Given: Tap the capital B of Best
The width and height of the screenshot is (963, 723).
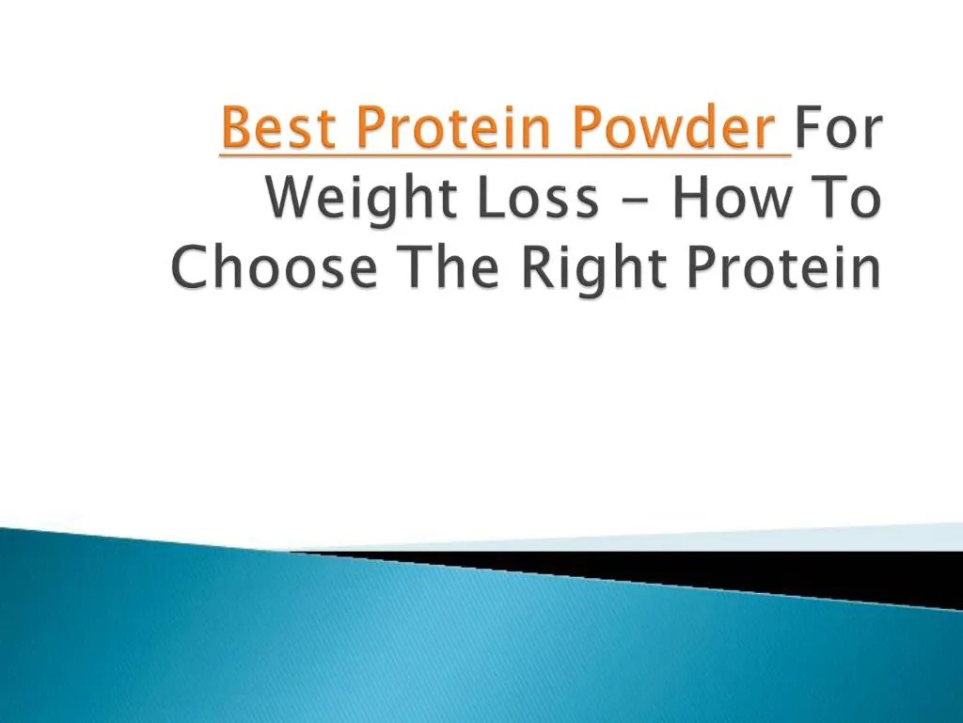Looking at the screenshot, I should tap(235, 129).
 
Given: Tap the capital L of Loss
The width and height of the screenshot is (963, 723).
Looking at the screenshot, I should tap(498, 199).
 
